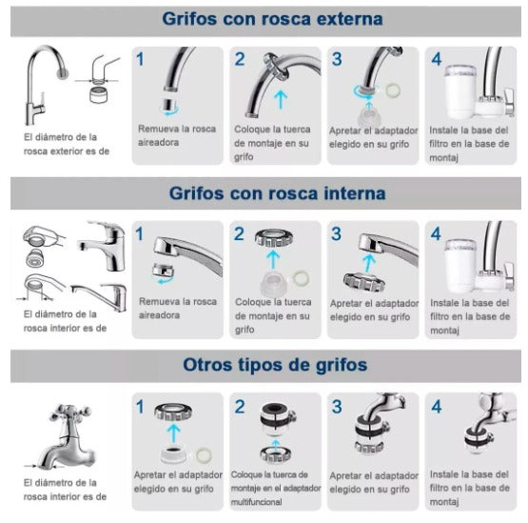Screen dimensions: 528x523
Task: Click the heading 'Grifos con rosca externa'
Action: [272, 19]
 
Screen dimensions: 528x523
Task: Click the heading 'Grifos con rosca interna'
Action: [277, 193]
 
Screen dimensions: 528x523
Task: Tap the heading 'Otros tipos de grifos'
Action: [275, 365]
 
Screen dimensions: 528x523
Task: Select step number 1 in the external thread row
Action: [140, 59]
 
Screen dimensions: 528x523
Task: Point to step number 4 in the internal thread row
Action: [436, 234]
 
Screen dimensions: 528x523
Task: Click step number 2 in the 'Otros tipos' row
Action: [240, 407]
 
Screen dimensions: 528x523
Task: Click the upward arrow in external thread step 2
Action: [280, 100]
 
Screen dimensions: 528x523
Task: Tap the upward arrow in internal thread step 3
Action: [369, 262]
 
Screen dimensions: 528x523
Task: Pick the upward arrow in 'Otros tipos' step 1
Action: [173, 432]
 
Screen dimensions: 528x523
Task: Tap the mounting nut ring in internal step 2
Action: [273, 237]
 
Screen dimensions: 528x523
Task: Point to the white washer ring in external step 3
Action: [393, 91]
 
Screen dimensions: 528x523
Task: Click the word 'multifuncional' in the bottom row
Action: [256, 502]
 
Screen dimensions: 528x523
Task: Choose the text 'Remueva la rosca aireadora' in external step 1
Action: [177, 135]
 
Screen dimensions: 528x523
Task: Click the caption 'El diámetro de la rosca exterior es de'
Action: [67, 144]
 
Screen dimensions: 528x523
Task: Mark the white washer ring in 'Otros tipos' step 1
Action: [204, 454]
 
